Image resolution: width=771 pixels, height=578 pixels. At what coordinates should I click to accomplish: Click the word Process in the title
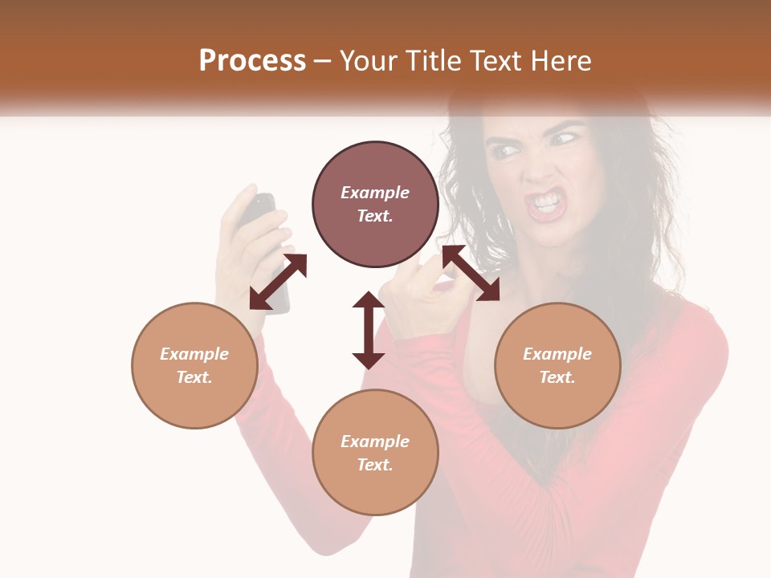pyautogui.click(x=252, y=61)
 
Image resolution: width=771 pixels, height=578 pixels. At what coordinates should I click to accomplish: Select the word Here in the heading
pyautogui.click(x=561, y=61)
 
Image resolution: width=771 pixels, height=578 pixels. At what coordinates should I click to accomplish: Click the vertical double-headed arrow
pyautogui.click(x=369, y=330)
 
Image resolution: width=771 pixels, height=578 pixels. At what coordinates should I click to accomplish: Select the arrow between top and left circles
pyautogui.click(x=278, y=282)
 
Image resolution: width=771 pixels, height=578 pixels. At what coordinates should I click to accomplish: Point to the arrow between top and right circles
pyautogui.click(x=471, y=273)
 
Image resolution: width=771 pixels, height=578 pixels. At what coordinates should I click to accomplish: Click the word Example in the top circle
pyautogui.click(x=375, y=193)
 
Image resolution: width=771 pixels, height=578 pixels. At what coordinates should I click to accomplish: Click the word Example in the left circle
pyautogui.click(x=194, y=354)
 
